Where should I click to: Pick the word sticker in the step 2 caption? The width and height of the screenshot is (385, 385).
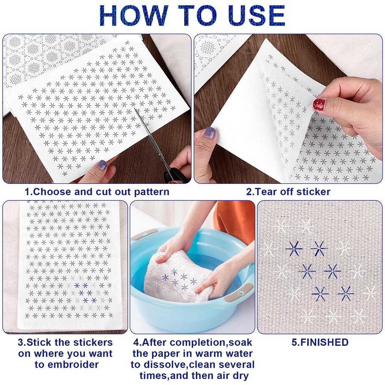point(313,192)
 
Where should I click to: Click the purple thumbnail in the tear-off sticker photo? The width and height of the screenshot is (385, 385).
point(210,132)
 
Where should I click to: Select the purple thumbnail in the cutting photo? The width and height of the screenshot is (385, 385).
point(102,164)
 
